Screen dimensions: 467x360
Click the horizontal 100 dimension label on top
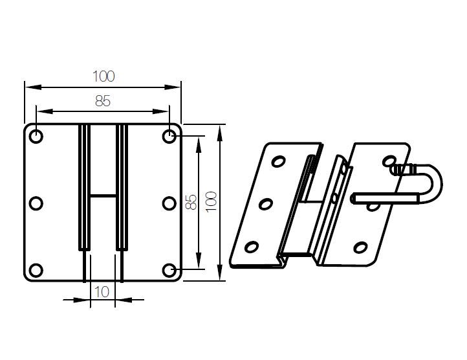click(x=103, y=76)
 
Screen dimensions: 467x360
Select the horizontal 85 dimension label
click(x=103, y=101)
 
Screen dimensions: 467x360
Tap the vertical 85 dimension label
click(x=191, y=202)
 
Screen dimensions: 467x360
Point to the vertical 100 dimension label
click(x=211, y=202)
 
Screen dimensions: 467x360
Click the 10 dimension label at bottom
click(x=102, y=292)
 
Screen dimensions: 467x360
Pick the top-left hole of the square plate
click(x=36, y=137)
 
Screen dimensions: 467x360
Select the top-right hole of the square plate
click(x=169, y=137)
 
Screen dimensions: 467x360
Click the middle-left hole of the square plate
click(x=36, y=203)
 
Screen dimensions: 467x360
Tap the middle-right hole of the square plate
click(x=169, y=203)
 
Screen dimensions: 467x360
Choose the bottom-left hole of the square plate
click(x=36, y=270)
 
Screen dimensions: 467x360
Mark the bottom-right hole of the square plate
click(x=169, y=270)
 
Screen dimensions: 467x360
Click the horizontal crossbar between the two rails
click(x=103, y=196)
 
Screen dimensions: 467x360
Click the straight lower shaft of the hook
click(x=385, y=198)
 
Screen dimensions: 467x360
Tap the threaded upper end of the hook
click(x=403, y=170)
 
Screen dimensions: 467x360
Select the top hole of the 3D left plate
click(x=279, y=162)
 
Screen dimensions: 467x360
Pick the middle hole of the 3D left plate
click(x=266, y=205)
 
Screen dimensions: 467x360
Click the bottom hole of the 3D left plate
click(x=252, y=247)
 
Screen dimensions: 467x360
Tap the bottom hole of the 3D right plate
click(x=360, y=247)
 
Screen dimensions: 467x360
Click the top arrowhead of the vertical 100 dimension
click(x=220, y=133)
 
